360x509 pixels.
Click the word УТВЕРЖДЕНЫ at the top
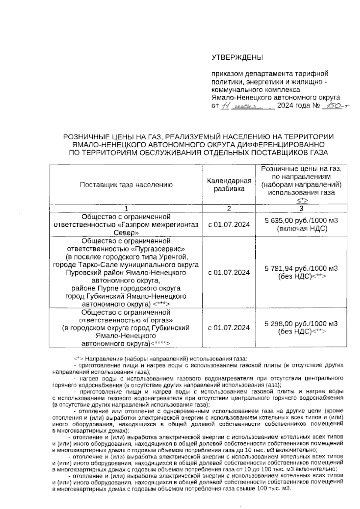237,57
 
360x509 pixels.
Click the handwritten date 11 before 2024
224,106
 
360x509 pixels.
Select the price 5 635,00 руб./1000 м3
301,221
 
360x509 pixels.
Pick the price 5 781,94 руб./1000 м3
301,268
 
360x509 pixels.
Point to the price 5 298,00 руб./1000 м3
301,324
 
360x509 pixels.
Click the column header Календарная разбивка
229,185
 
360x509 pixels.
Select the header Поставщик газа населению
126,185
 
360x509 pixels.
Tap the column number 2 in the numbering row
229,209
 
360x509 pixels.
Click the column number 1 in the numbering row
126,209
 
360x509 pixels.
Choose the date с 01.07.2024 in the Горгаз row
229,328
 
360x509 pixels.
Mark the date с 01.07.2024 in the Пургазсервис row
229,272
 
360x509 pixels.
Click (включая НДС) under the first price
301,229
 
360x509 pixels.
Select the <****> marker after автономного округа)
160,344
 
